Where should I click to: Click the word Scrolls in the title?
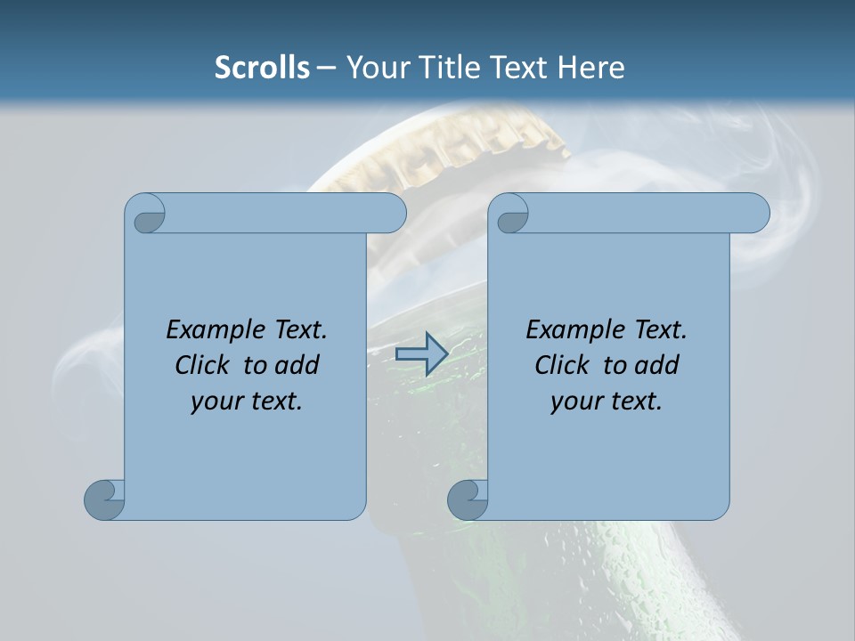262,68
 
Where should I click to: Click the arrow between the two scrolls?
421,353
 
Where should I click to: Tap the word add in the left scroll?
297,365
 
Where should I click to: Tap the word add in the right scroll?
657,365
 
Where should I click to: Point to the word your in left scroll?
215,402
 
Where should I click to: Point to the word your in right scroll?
574,402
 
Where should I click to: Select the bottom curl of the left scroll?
104,499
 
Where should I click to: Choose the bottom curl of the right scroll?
468,499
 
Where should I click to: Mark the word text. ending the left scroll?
273,401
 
